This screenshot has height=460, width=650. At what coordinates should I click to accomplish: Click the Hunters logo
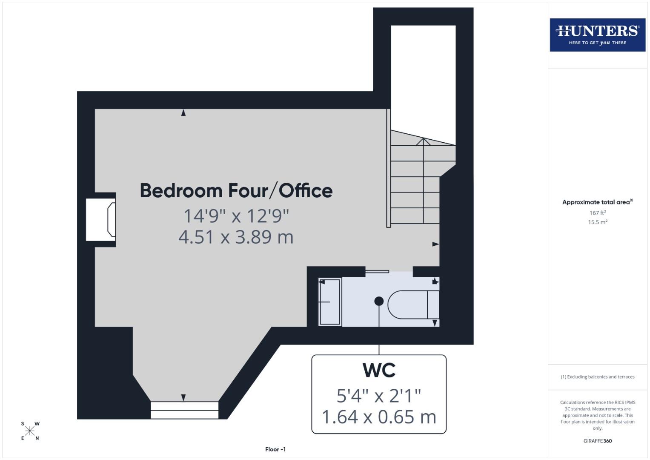(597, 35)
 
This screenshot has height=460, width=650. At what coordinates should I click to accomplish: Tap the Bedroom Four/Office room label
(236, 190)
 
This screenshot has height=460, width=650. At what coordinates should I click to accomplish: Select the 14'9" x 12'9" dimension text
(236, 216)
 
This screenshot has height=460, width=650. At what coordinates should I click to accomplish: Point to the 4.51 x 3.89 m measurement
(236, 237)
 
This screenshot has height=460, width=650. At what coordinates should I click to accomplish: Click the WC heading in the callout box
(379, 370)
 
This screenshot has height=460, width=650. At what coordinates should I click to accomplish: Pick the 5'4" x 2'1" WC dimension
(379, 396)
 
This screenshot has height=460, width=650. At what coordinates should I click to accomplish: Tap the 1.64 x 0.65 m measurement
(379, 417)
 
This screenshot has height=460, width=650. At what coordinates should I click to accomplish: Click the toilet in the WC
(413, 305)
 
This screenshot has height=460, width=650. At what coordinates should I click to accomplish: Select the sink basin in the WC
(330, 302)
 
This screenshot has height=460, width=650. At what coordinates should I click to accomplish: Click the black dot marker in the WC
(379, 301)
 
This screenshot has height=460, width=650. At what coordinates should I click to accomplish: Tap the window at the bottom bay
(184, 410)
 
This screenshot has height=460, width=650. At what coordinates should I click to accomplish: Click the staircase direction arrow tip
(423, 139)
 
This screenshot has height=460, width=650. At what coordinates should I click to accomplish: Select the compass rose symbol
(30, 431)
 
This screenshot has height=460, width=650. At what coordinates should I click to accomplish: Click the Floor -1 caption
(275, 449)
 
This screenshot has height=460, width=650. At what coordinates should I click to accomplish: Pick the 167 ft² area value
(597, 213)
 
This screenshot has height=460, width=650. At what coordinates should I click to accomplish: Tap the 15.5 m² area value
(597, 222)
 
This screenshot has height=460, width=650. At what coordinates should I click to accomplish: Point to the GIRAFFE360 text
(597, 441)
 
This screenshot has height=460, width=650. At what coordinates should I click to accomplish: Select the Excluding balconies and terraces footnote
(597, 377)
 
